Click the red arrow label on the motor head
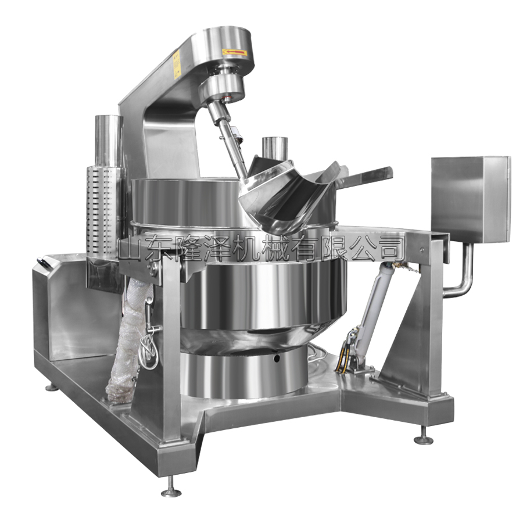pos(235,52)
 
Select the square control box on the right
pos(471,199)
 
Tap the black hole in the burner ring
pos(277,358)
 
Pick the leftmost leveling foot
pos(51,386)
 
